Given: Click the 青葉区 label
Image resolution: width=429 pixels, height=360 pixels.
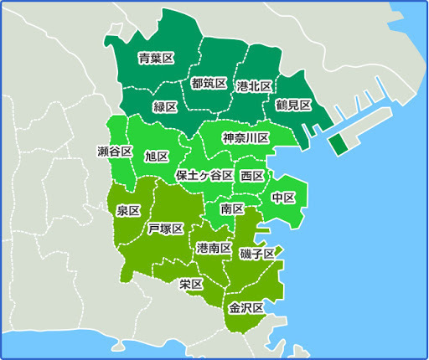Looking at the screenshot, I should (156, 58).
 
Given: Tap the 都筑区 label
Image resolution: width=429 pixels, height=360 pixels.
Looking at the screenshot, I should (209, 83).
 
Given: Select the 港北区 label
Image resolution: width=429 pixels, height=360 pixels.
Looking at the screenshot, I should (253, 86).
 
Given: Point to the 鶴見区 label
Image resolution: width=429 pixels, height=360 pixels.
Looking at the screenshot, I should (293, 105).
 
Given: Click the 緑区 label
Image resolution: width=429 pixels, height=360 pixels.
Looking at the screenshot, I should (165, 106).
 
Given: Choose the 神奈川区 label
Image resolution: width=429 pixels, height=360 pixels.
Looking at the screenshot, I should (246, 137).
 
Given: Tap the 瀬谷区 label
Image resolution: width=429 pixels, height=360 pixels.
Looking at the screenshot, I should (115, 152).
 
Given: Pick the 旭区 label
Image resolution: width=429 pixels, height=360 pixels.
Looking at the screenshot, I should (157, 157).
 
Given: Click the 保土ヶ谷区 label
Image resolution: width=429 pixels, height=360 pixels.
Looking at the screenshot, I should (204, 176).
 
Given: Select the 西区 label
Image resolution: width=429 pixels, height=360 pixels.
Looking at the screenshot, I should (252, 176).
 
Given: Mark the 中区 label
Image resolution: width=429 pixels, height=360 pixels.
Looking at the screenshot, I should (283, 198).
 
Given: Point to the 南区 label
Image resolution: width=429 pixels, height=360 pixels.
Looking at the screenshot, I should (233, 208).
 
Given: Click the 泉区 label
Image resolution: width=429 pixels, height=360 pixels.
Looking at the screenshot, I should (128, 210).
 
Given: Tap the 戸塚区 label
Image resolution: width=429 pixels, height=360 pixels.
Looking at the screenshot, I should (165, 229).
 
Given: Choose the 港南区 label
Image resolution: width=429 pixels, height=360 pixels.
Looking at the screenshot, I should (214, 249).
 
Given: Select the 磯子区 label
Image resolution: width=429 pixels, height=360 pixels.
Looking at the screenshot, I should (256, 253).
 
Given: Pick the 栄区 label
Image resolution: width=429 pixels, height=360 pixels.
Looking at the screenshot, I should (191, 284).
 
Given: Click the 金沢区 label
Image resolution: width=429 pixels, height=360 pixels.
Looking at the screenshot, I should (246, 308).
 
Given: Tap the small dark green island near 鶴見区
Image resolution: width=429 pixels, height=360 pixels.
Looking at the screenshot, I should (337, 144).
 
